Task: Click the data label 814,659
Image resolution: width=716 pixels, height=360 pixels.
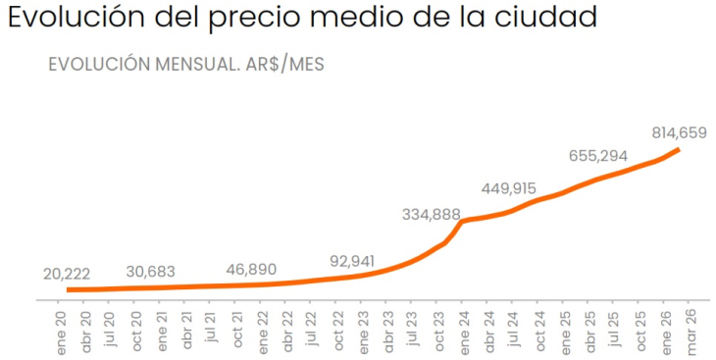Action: pos(679,132)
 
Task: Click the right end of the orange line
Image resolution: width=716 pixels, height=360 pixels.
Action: pos(679,149)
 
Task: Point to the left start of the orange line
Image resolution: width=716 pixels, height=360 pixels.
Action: pos(68,289)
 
